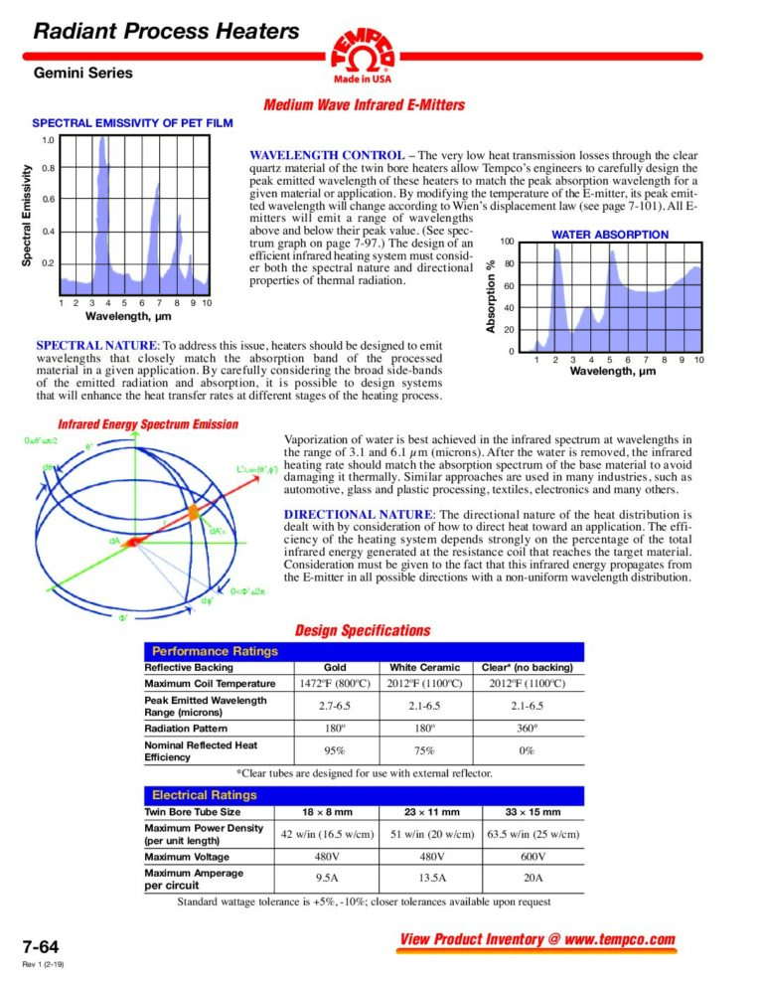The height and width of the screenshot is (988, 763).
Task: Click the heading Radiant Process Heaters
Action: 166,32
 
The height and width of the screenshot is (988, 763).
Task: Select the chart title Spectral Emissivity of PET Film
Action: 133,123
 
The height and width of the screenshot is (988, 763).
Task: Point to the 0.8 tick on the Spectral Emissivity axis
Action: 48,168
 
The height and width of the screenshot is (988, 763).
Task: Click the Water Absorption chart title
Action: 610,235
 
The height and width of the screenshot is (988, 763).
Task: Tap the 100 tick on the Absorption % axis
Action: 507,243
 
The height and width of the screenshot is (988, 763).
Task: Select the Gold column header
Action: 335,667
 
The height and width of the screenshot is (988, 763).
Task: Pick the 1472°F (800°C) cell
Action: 335,684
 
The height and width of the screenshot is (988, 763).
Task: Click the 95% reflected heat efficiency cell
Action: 335,750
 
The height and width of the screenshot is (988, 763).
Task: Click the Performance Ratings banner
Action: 214,651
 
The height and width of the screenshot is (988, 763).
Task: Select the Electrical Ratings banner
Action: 204,795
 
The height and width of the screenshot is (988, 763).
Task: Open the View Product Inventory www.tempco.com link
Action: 536,940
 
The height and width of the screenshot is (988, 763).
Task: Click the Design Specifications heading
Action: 363,630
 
